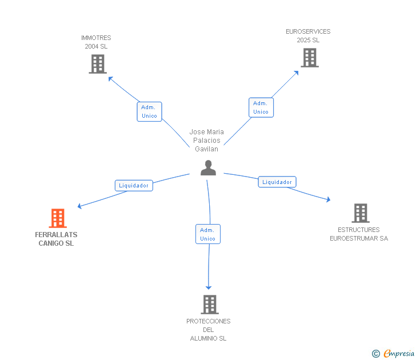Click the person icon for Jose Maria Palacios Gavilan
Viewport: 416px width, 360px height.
pyautogui.click(x=208, y=167)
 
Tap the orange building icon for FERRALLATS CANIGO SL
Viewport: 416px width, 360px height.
pyautogui.click(x=58, y=218)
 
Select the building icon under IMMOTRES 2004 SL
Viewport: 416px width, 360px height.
pyautogui.click(x=98, y=64)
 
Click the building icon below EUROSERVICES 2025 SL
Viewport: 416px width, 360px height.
pyautogui.click(x=310, y=58)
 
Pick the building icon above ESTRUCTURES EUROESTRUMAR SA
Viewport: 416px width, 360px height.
pyautogui.click(x=361, y=213)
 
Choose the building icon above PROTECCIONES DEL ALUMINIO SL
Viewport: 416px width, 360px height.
pyautogui.click(x=210, y=305)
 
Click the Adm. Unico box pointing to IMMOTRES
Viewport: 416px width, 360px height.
pyautogui.click(x=149, y=111)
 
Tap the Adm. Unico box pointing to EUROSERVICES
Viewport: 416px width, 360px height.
pyautogui.click(x=261, y=107)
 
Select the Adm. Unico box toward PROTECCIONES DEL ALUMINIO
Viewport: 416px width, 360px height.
pyautogui.click(x=208, y=234)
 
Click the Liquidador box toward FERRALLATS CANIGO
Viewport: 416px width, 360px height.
pyautogui.click(x=134, y=186)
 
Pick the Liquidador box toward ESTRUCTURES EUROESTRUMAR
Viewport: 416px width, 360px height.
pyautogui.click(x=277, y=182)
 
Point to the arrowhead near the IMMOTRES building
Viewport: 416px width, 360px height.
pyautogui.click(x=110, y=78)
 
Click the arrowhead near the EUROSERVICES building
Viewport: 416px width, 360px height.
pyautogui.click(x=297, y=73)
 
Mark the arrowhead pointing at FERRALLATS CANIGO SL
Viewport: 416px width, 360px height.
pyautogui.click(x=79, y=206)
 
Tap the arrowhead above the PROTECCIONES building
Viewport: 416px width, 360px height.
pyautogui.click(x=209, y=287)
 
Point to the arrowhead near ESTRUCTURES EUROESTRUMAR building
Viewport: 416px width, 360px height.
pyautogui.click(x=329, y=199)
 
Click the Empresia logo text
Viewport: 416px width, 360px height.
pyautogui.click(x=399, y=353)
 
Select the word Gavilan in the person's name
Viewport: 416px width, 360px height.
pyautogui.click(x=206, y=149)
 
